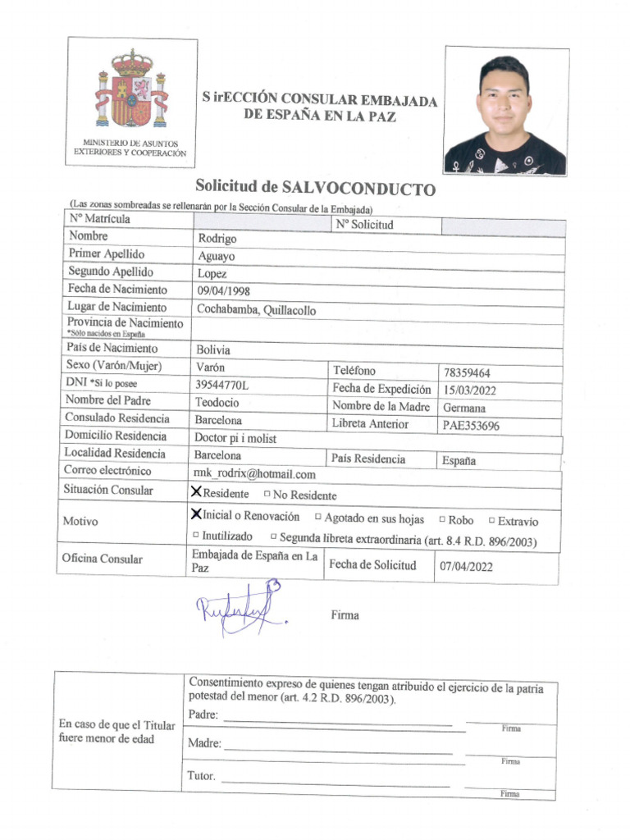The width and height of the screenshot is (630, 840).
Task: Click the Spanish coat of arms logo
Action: pos(131,90)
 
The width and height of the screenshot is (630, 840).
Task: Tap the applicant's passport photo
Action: pos(505,110)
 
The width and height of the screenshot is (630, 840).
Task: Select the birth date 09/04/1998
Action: pos(224,291)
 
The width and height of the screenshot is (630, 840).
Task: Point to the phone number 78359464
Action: pos(468,372)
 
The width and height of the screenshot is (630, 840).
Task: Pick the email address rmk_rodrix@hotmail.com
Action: pos(254,474)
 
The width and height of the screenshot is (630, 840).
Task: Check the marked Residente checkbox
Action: pos(196,492)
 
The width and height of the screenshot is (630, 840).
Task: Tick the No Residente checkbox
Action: pos(267,495)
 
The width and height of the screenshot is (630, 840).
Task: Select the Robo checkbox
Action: pos(442,519)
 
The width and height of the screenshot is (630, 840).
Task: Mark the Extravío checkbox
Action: pos(491,519)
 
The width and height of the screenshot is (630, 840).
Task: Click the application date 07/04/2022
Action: pos(467,565)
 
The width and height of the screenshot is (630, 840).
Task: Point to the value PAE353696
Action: pos(471,426)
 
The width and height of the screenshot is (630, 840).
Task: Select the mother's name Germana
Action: pos(464,408)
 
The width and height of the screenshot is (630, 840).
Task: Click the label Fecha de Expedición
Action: pos(381,389)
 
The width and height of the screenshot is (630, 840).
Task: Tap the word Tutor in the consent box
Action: pos(201,776)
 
